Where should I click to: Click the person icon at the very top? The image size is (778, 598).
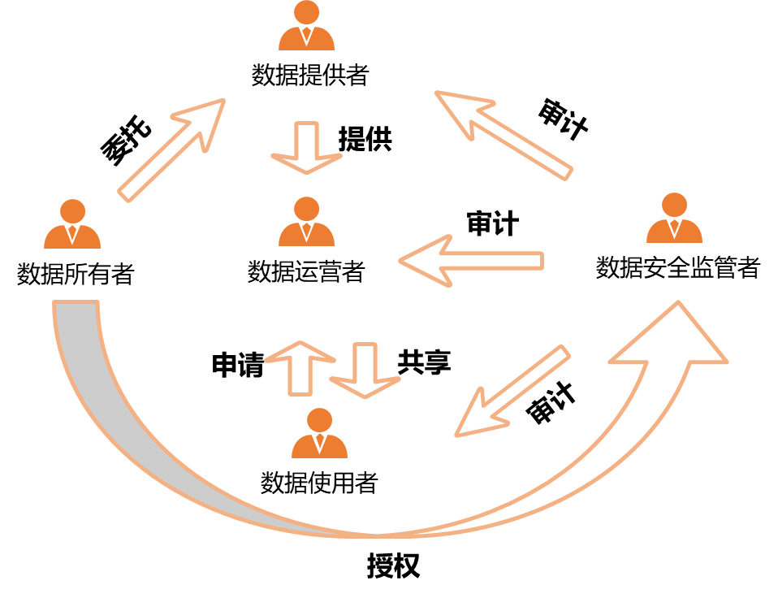pyautogui.click(x=306, y=28)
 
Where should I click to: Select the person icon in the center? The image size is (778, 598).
pyautogui.click(x=306, y=223)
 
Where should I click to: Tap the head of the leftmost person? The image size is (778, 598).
pyautogui.click(x=72, y=210)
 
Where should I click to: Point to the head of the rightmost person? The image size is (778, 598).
pyautogui.click(x=674, y=204)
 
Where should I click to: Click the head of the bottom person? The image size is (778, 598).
pyautogui.click(x=319, y=419)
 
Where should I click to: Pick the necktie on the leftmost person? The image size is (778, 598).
pyautogui.click(x=72, y=235)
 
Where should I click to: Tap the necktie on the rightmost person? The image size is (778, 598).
pyautogui.click(x=674, y=228)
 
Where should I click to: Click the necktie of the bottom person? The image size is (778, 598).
pyautogui.click(x=319, y=444)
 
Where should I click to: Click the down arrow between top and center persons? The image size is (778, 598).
pyautogui.click(x=306, y=149)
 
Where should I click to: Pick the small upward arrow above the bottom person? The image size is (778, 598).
pyautogui.click(x=300, y=369)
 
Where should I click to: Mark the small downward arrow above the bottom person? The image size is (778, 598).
pyautogui.click(x=365, y=370)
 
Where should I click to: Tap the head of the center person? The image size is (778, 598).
pyautogui.click(x=306, y=208)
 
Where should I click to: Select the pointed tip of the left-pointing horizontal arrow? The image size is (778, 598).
pyautogui.click(x=402, y=261)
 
